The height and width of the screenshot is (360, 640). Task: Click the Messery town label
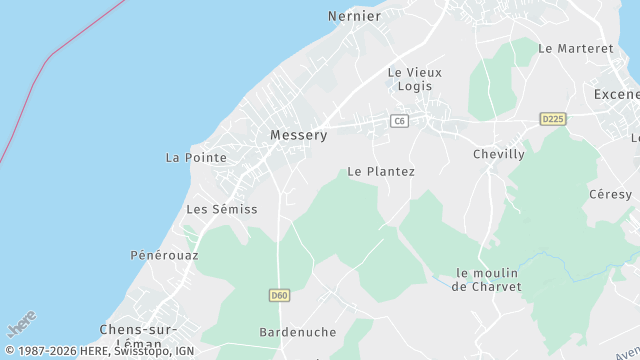point(298,135)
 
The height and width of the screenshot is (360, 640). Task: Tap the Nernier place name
point(354,16)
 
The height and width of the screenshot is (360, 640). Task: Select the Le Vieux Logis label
point(414,79)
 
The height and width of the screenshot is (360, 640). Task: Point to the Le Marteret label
point(575,48)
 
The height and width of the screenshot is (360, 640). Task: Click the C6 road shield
point(400,121)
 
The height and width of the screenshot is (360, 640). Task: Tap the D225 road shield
point(553,119)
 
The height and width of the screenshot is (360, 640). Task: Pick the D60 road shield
point(279,295)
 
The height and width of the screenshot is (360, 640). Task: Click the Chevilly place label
point(498,154)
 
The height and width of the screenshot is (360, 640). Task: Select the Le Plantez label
point(381,172)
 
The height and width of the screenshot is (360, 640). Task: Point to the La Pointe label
point(196,158)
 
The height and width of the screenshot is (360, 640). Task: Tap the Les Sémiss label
point(222,209)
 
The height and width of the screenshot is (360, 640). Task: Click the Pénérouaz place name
point(164,255)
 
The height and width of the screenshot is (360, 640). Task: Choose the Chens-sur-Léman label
point(138,336)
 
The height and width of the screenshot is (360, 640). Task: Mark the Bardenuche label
point(297,332)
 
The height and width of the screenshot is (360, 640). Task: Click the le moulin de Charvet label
point(487,279)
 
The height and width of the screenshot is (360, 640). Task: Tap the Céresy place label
point(610,194)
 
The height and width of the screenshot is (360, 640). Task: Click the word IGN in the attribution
point(183,351)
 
